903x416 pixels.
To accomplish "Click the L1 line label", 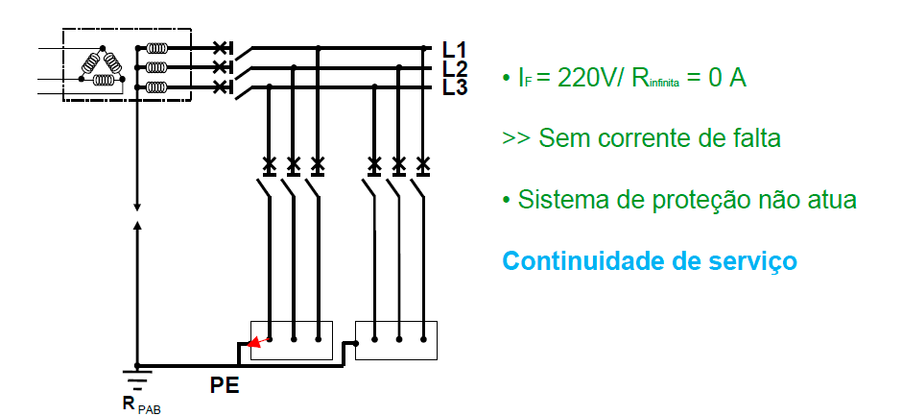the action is [x=455, y=49].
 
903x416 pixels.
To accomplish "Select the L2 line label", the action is [x=455, y=68].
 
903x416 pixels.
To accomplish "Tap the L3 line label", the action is [x=455, y=87].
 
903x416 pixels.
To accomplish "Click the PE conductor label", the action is [x=225, y=387].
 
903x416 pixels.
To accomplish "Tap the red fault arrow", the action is [x=255, y=341].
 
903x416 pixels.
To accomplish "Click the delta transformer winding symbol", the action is [x=102, y=66].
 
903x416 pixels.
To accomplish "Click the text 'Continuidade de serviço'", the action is [x=650, y=260].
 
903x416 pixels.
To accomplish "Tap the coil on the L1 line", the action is [x=158, y=47].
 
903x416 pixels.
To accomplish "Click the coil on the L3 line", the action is [x=158, y=87].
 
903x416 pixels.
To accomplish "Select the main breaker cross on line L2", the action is [x=222, y=67].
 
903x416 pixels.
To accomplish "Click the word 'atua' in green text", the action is [x=827, y=200].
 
